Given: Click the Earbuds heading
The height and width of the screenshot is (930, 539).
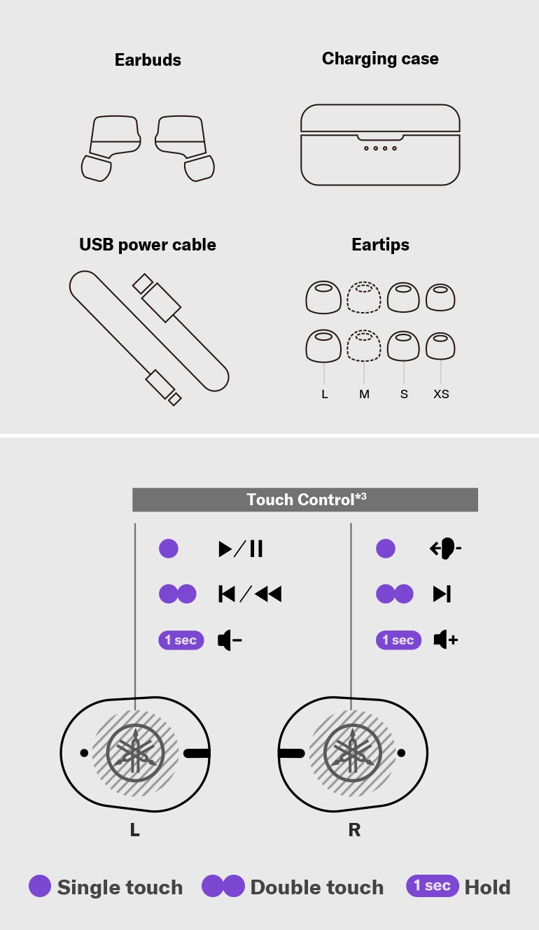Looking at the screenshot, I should (x=148, y=60).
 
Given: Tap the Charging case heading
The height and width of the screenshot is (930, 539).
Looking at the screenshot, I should (x=380, y=59).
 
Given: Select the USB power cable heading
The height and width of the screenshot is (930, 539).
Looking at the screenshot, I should (x=148, y=245).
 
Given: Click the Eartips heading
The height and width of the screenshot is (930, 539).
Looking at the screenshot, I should (x=380, y=245).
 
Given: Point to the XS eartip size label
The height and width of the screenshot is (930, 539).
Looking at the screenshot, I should (x=441, y=394).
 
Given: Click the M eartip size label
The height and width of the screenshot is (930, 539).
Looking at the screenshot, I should (x=364, y=394).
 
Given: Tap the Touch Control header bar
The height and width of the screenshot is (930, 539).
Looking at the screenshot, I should (x=306, y=500).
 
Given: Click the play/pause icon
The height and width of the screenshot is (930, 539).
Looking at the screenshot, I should (x=241, y=549).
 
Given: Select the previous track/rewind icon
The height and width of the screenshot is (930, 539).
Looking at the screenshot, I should (x=250, y=594).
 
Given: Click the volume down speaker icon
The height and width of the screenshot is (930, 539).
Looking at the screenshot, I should (x=230, y=640).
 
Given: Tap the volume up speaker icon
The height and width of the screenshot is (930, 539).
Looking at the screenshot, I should (x=445, y=640).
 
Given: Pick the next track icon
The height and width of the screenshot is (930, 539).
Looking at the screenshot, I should (x=442, y=594).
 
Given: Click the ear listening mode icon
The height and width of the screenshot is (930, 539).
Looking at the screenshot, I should (x=445, y=549).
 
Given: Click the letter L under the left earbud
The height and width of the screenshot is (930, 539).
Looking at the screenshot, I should (x=134, y=830).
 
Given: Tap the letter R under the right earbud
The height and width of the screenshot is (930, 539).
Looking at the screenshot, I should (x=354, y=830).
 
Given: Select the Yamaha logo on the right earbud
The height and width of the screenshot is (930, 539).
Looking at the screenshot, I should (x=352, y=754).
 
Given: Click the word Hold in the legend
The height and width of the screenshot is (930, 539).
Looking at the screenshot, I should (x=487, y=887).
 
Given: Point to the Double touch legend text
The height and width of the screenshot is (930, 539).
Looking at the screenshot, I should (x=316, y=887).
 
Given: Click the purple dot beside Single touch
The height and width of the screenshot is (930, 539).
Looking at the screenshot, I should (x=40, y=887).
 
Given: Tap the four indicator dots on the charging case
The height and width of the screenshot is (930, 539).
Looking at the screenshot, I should (x=380, y=148).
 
